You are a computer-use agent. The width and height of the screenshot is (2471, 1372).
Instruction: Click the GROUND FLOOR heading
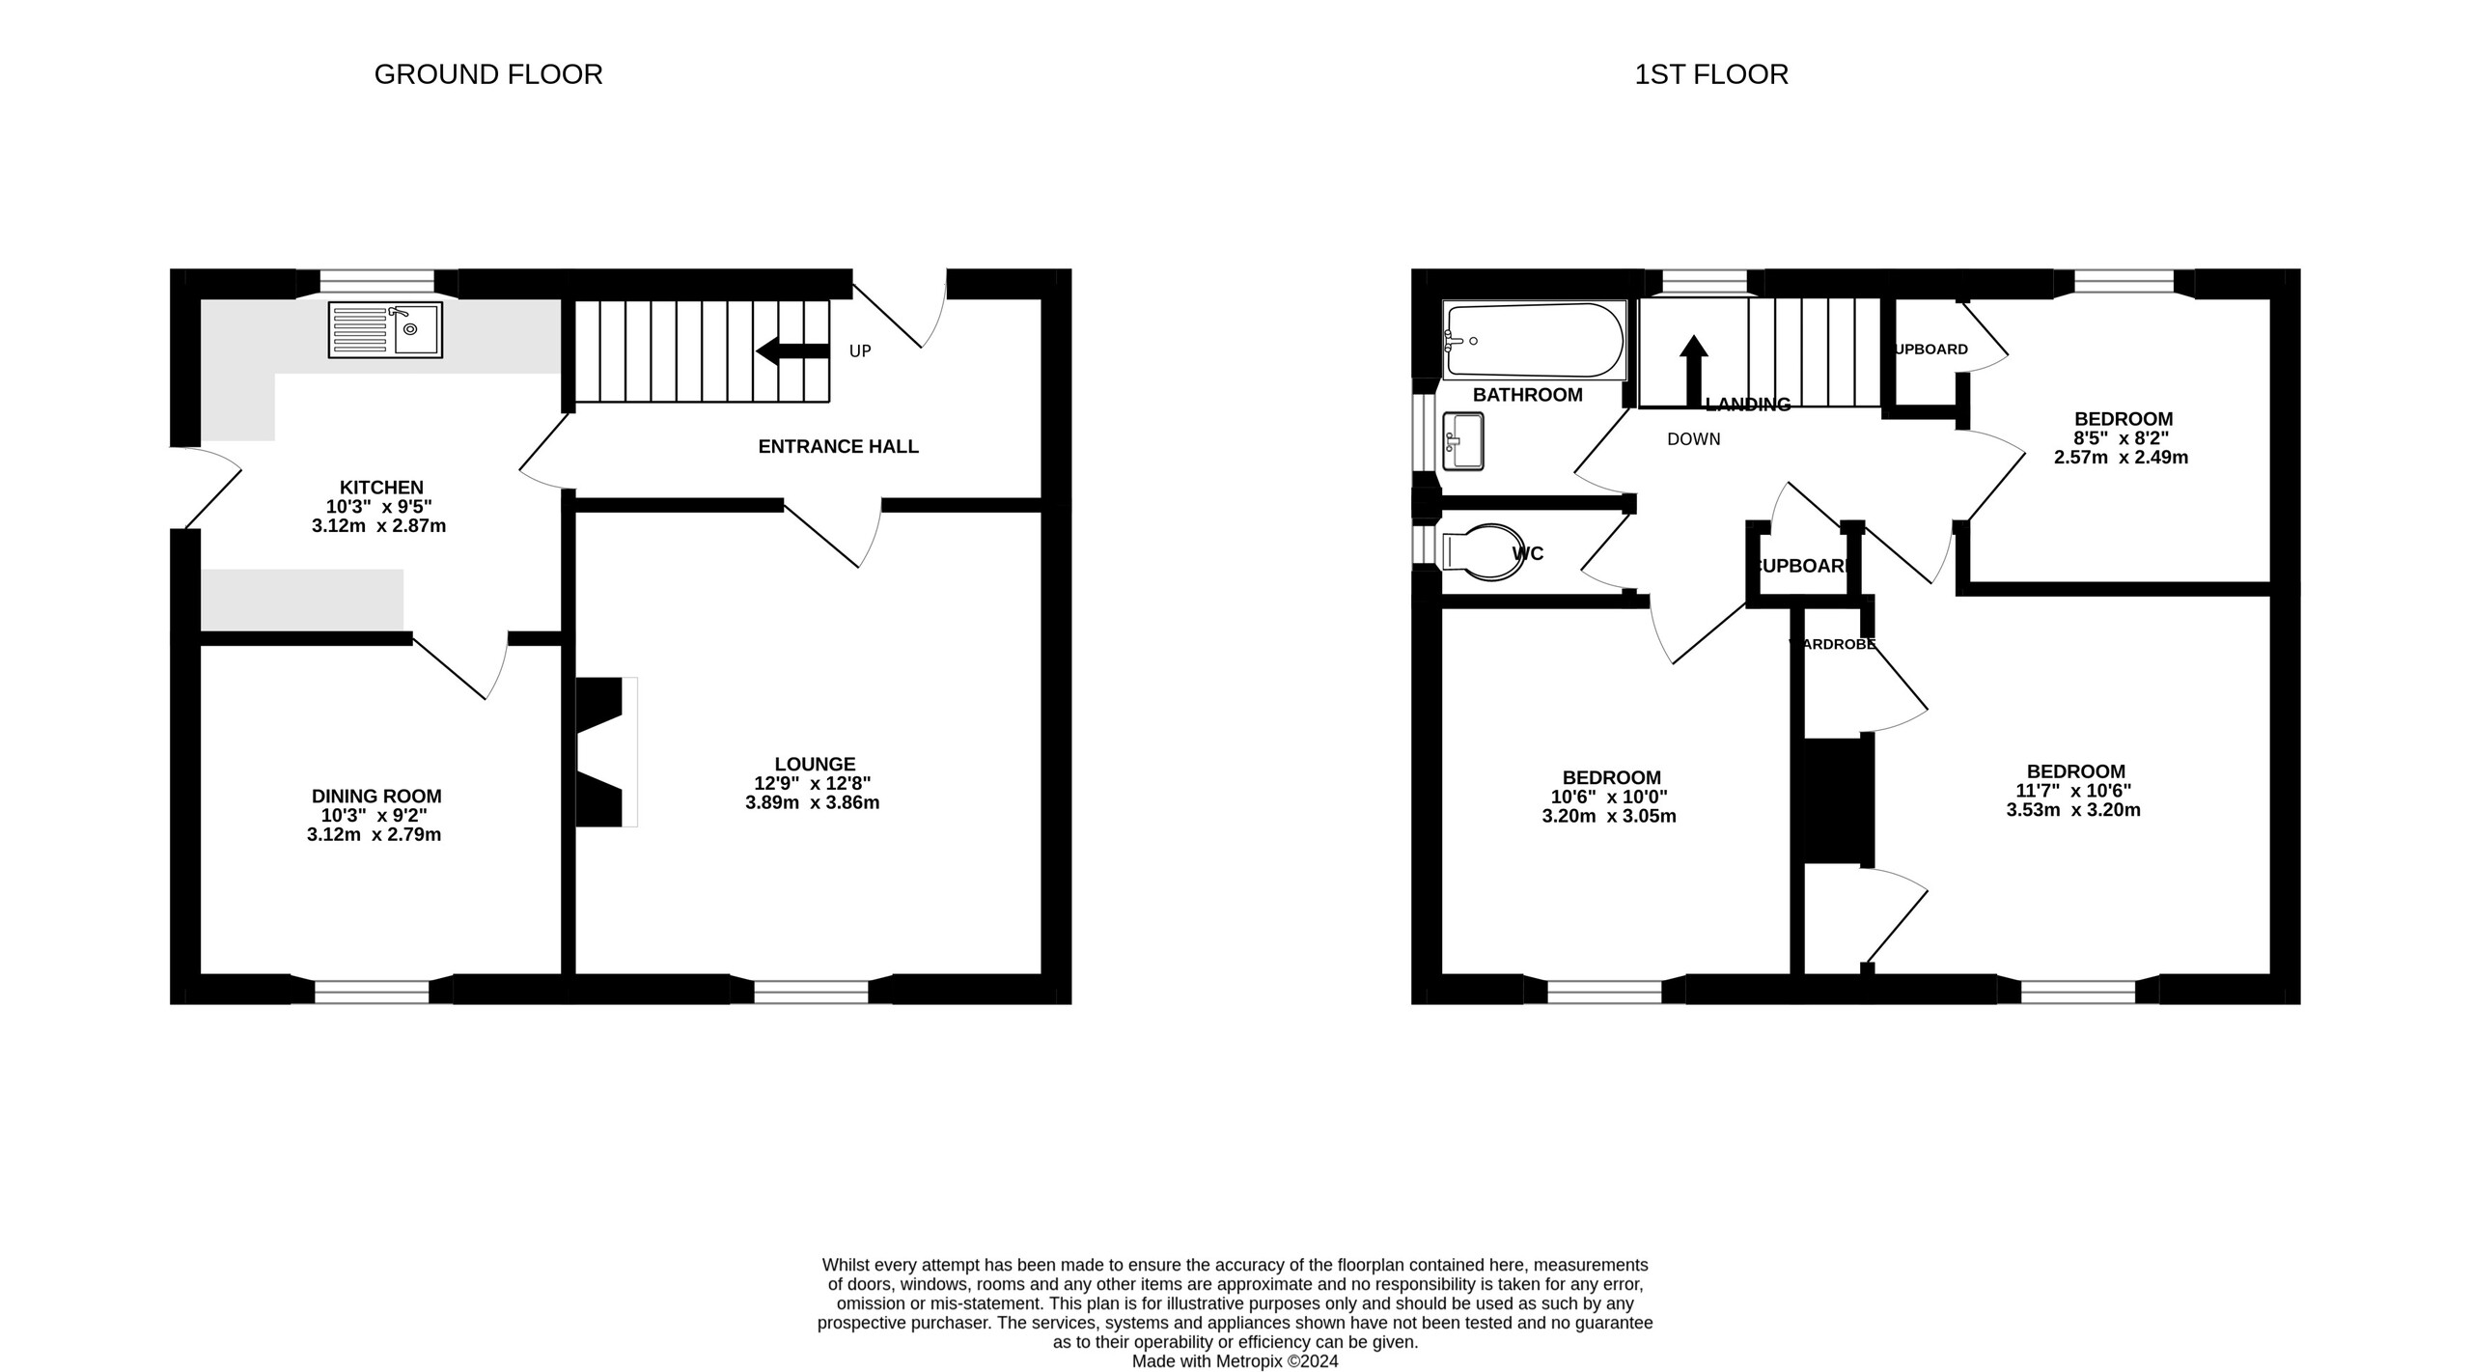[487, 74]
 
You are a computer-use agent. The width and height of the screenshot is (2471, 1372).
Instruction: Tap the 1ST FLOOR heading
[1710, 74]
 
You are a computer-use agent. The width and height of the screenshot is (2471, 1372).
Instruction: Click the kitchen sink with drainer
[385, 329]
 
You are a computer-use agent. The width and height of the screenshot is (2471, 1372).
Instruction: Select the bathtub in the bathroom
[1535, 340]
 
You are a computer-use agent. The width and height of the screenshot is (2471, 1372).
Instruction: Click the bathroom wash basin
[1463, 441]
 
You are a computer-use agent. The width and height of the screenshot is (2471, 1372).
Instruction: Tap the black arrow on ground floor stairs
[791, 351]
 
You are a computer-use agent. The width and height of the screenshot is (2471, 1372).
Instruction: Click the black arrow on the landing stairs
[1693, 370]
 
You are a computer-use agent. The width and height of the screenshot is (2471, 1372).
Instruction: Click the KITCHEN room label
[381, 488]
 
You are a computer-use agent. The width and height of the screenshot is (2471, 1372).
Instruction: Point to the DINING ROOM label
[376, 797]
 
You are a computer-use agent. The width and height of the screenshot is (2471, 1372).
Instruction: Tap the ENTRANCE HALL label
[838, 447]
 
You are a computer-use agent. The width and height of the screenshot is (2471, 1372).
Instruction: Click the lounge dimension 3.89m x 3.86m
[812, 802]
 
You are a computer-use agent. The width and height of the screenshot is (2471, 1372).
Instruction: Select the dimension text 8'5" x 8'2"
[2121, 438]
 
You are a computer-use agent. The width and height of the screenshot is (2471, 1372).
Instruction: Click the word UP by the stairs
[860, 351]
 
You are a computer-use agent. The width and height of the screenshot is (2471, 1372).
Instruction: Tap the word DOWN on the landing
[1693, 439]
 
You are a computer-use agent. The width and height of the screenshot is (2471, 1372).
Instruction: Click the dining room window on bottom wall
[372, 992]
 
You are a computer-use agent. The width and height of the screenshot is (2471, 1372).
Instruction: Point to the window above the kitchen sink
[377, 281]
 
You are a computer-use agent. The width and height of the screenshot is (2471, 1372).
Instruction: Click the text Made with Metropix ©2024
[1235, 1361]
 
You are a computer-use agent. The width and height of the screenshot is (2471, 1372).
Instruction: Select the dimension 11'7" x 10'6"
[2073, 791]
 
